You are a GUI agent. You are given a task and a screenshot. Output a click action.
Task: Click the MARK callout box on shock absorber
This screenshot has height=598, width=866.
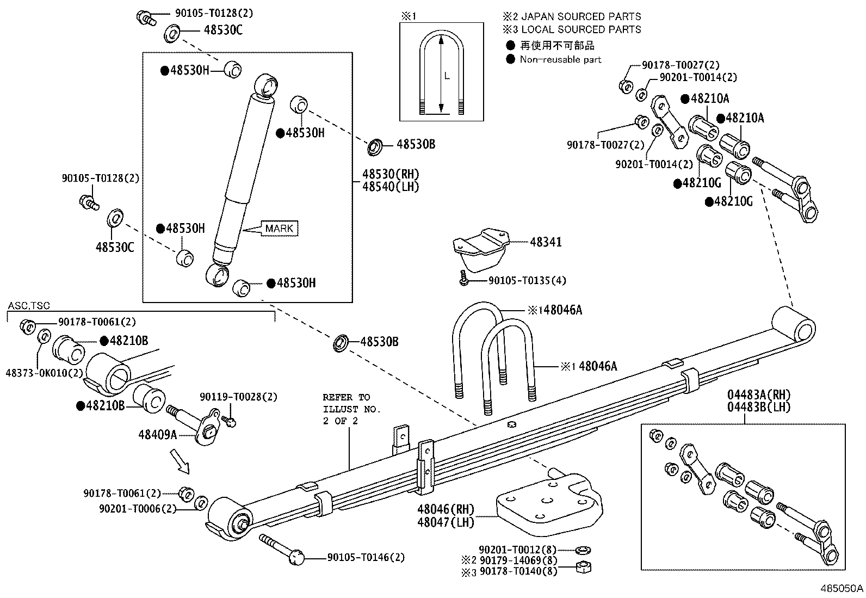(x=279, y=229)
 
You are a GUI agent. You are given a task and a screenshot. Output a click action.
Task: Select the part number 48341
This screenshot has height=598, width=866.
(x=546, y=242)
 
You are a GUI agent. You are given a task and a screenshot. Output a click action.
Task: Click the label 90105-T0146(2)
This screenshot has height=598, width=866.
(x=366, y=558)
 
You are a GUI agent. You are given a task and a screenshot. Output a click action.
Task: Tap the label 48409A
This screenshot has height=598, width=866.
(x=158, y=434)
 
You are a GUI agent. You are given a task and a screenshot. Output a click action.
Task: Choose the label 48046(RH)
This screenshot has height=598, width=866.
(x=446, y=510)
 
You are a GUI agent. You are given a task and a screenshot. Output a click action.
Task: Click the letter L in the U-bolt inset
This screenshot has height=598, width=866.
(x=447, y=77)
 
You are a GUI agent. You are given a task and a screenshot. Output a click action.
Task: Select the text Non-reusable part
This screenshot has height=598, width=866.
(x=560, y=59)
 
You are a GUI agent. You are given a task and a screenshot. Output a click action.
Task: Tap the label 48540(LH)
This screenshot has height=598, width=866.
(x=391, y=186)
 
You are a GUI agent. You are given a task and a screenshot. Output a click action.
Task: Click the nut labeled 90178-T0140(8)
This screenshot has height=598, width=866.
(x=583, y=569)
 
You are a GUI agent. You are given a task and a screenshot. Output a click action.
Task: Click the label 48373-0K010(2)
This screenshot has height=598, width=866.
(x=45, y=373)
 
